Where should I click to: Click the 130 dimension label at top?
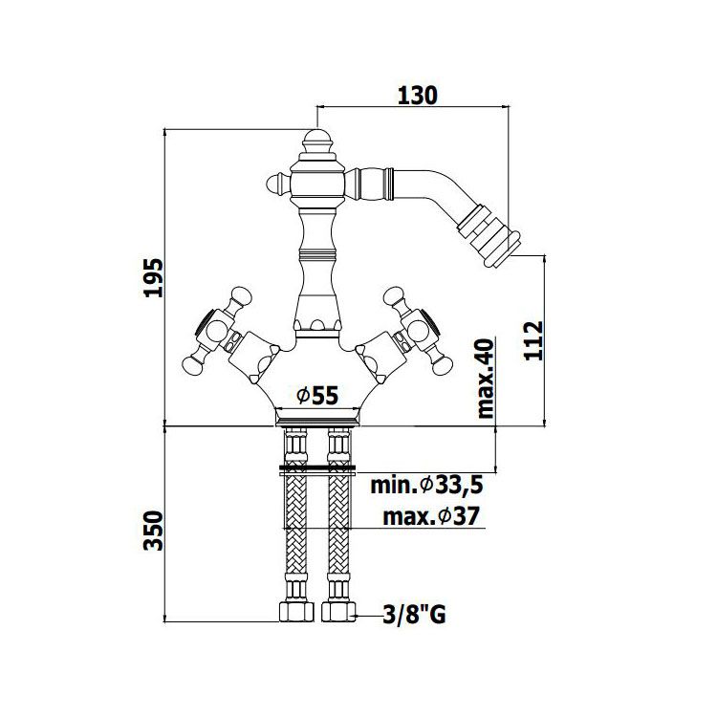pos(418,96)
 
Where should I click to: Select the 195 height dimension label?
pos(153,278)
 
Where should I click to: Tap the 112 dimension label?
pos(533,341)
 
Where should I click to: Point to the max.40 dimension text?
pos(485,379)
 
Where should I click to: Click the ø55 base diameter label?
pos(317,396)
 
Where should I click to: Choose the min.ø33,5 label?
pos(426,485)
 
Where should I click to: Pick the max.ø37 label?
pos(431,516)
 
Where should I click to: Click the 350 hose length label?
pos(153,531)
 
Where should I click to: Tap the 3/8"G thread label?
pos(414,615)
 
